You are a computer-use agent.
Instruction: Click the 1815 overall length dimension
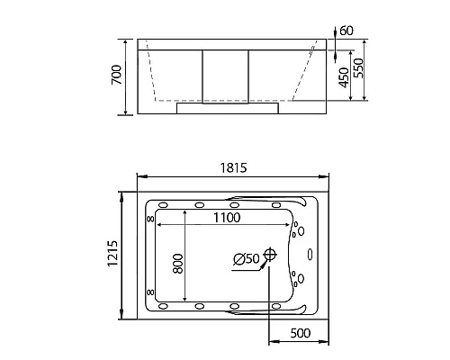pyautogui.click(x=233, y=168)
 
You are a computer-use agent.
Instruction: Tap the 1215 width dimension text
pyautogui.click(x=113, y=254)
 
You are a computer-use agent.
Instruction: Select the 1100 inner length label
pyautogui.click(x=227, y=218)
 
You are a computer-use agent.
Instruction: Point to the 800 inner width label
pyautogui.click(x=178, y=264)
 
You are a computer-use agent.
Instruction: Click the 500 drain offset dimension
pyautogui.click(x=301, y=333)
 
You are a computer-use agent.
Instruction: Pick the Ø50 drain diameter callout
pyautogui.click(x=247, y=259)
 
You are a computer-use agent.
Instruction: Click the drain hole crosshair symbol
pyautogui.click(x=270, y=255)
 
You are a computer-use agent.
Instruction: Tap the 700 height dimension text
pyautogui.click(x=117, y=75)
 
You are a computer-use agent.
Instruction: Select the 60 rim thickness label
pyautogui.click(x=346, y=31)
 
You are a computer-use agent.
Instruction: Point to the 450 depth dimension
pyautogui.click(x=344, y=77)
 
